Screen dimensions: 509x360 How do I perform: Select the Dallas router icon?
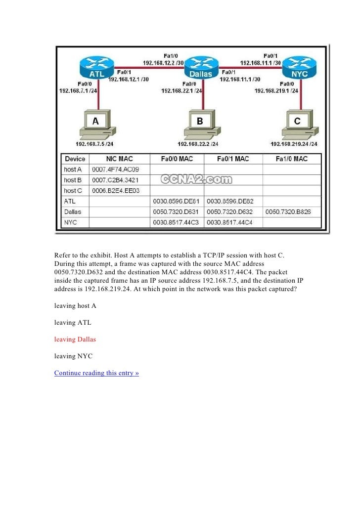coord(201,68)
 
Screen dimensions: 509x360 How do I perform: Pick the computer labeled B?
coord(200,125)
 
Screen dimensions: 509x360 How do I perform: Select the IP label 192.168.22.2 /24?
coord(198,144)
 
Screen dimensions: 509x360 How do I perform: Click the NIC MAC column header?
coord(119,159)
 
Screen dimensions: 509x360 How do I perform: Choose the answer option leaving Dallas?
coord(75,339)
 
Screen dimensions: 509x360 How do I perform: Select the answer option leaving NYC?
coord(73,356)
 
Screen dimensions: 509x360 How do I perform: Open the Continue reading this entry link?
coord(96,373)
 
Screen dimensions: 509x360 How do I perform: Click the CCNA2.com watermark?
coord(196,180)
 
